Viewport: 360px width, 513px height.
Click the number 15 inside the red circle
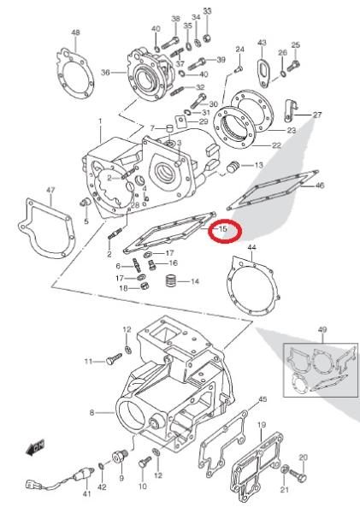click(222, 228)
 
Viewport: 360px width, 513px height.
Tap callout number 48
click(75, 32)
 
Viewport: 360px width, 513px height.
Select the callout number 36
click(105, 72)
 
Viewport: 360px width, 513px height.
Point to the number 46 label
click(320, 186)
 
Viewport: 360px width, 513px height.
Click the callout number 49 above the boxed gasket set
click(322, 329)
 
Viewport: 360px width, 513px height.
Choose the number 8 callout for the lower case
click(91, 413)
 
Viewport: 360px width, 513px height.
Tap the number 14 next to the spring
click(195, 281)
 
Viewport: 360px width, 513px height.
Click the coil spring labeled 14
click(172, 280)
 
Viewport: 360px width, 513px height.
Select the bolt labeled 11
click(114, 359)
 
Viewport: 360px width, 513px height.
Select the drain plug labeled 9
click(120, 456)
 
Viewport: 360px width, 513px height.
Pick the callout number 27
click(317, 115)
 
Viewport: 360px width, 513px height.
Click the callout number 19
click(262, 425)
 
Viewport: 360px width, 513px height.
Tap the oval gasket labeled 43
click(263, 73)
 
